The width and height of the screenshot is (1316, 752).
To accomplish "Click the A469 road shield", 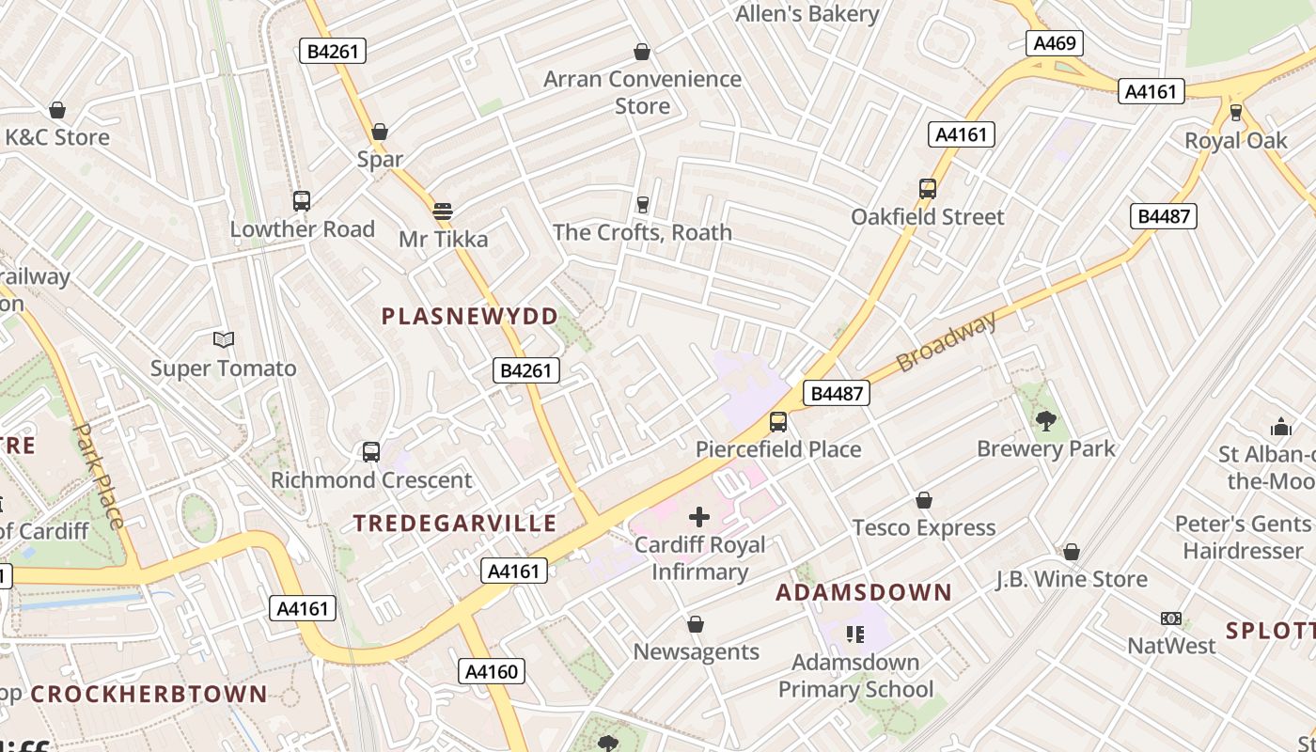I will [x=1055, y=43].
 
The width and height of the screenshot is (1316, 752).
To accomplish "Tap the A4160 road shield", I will [x=492, y=671].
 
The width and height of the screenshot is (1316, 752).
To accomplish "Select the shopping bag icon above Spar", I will [x=380, y=132].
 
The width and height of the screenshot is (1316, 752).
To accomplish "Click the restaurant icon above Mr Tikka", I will [x=443, y=211].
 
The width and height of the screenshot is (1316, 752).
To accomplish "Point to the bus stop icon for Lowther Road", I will [x=301, y=200].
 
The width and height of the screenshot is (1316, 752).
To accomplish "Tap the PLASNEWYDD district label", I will [x=469, y=316].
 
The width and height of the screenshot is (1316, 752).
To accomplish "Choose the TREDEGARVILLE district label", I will [x=455, y=524].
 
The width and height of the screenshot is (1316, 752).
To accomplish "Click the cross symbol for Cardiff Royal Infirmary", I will [x=699, y=516].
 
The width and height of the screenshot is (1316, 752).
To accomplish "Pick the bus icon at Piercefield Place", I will [x=777, y=421].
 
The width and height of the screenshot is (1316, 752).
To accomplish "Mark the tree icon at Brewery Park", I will [x=1045, y=420].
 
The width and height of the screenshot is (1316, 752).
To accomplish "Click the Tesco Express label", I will [x=923, y=528].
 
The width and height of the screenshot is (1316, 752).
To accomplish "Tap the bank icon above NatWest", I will [x=1171, y=619].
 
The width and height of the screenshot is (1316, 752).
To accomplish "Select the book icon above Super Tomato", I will [x=223, y=340].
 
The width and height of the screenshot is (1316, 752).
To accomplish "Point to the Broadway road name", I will [x=946, y=342].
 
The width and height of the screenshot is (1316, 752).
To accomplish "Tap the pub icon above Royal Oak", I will [x=1235, y=113].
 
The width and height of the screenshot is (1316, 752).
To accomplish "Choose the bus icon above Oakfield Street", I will [x=928, y=188].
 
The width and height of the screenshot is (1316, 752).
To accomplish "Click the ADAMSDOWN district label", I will [x=863, y=592].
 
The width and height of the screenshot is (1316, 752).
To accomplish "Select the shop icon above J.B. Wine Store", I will [x=1071, y=552].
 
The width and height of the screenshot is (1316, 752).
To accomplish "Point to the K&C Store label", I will [x=56, y=137].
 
